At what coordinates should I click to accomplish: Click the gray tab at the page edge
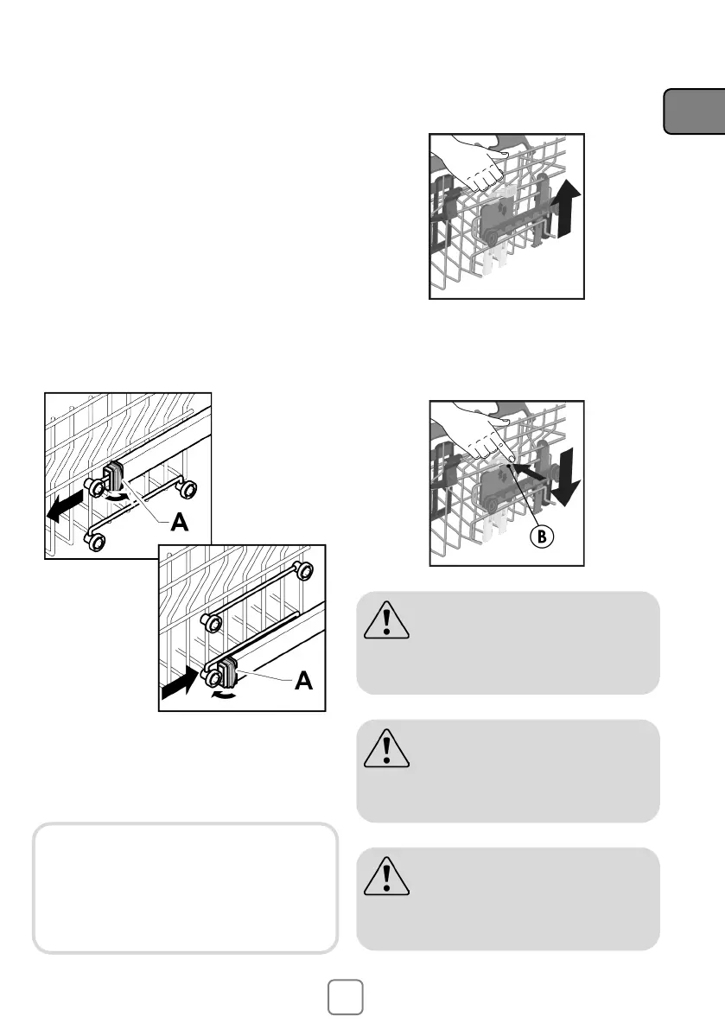coord(694,111)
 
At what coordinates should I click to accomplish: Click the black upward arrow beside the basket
coord(565,209)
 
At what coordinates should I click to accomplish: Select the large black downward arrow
coord(565,477)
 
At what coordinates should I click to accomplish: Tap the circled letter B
coord(542,537)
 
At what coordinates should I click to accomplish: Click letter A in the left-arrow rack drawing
coord(179,523)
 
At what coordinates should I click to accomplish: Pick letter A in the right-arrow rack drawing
coord(303,681)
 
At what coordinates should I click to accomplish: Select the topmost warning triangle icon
coord(386,620)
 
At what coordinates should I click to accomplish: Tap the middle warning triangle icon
coord(386,748)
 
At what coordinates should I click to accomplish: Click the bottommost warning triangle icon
coord(386,876)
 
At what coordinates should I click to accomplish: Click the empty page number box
coord(345,997)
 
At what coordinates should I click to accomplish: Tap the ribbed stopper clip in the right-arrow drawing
coord(227,670)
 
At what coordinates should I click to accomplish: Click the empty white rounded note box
coord(185,888)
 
